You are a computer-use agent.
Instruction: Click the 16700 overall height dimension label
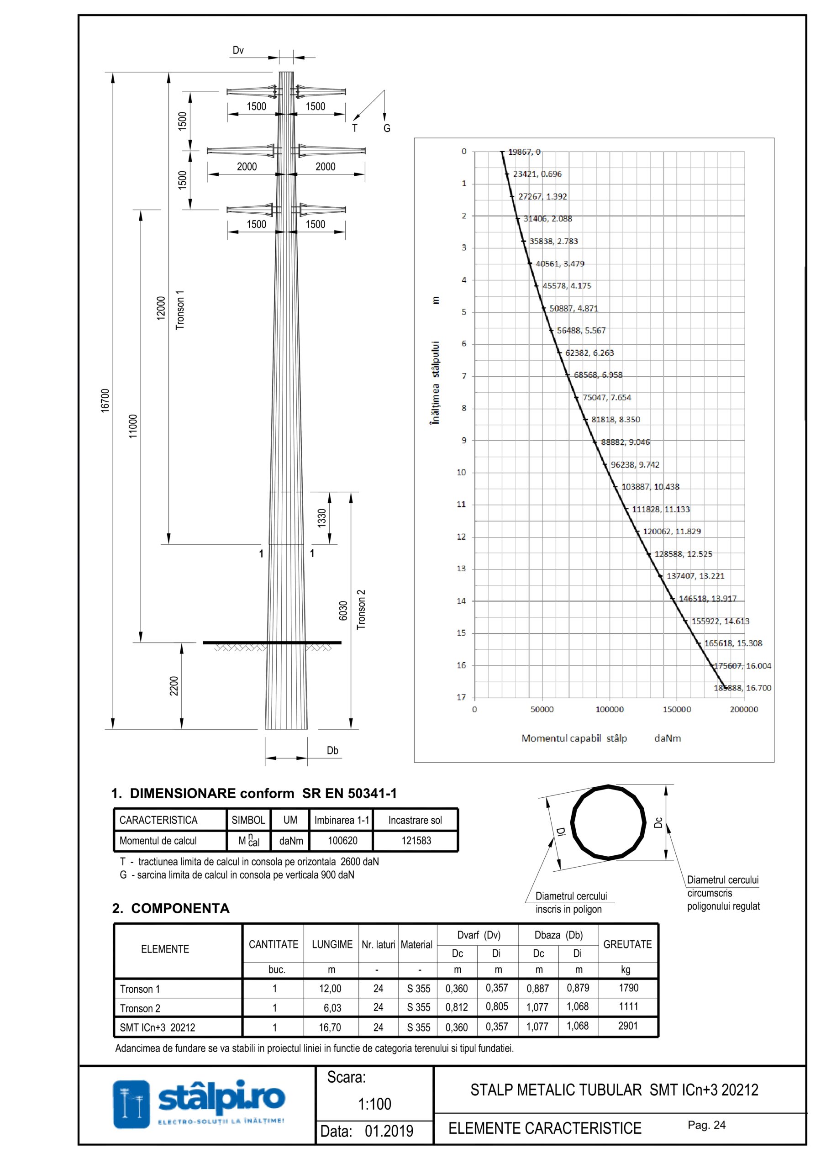105,400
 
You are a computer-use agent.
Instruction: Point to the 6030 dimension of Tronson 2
343,611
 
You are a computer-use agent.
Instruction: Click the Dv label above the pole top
238,50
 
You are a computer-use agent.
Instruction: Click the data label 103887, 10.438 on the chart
650,487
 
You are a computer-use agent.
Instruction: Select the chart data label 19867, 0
524,152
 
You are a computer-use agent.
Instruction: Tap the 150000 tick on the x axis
677,709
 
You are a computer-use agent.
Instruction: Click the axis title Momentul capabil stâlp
574,738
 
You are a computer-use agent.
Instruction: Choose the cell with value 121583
416,841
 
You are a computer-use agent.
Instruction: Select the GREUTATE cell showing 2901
627,1026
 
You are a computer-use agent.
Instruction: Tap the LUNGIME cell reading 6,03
332,1008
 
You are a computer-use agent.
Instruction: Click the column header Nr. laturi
379,944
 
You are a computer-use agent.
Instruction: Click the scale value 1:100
374,1104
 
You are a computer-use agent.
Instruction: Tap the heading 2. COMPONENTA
171,908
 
